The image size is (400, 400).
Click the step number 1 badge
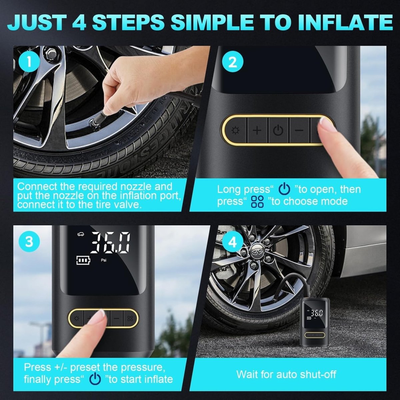point(29,62)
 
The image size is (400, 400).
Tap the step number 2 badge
point(232,62)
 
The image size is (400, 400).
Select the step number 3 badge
point(29,242)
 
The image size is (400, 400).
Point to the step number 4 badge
point(232,242)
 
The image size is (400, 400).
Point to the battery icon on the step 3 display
point(83,260)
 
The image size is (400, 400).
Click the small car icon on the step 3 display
point(81,234)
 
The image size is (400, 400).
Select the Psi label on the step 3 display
point(104,260)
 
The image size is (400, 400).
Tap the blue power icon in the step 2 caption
point(284,189)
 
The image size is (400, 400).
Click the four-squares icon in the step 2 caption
point(257,202)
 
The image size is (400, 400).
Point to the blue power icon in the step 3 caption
point(95,379)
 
